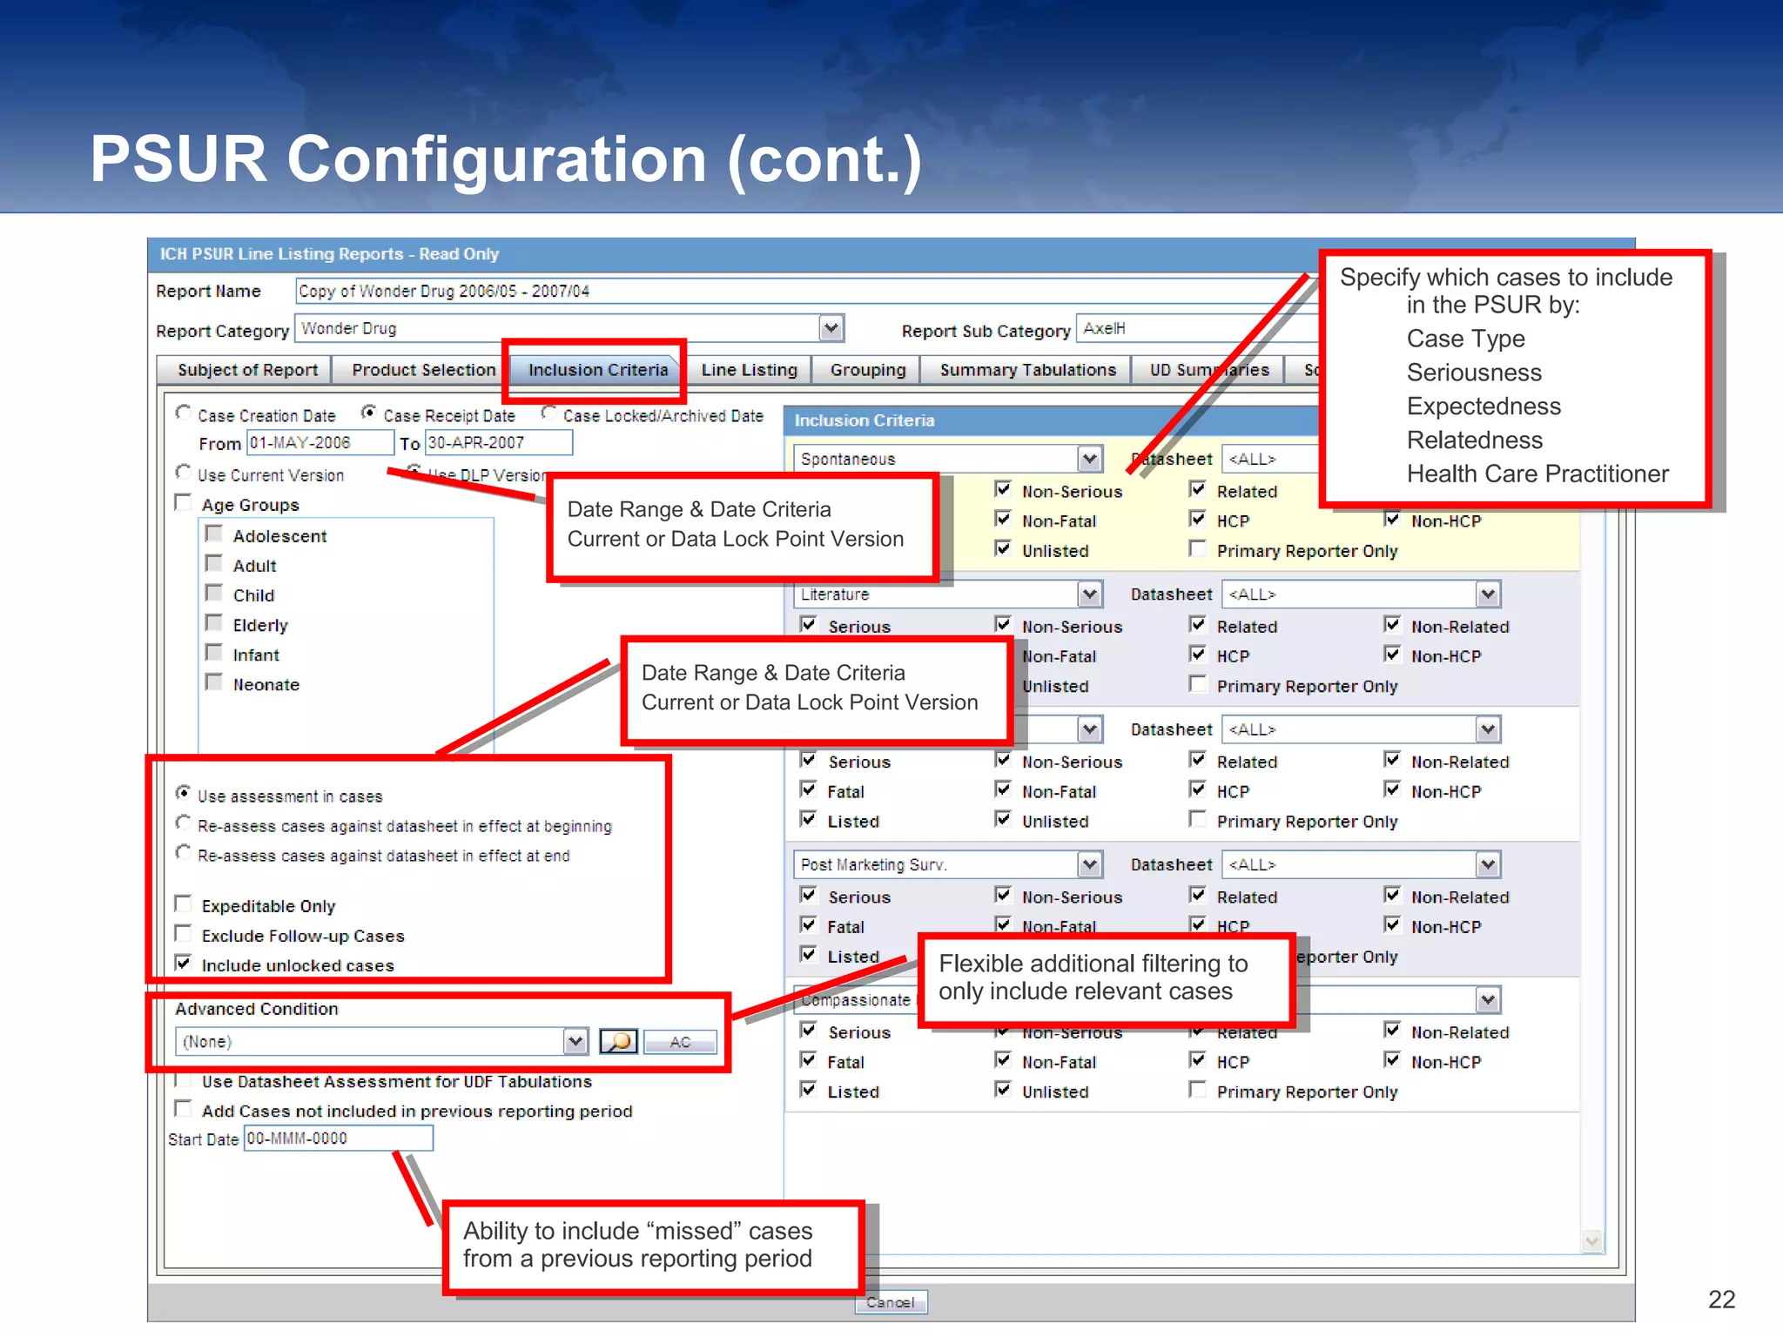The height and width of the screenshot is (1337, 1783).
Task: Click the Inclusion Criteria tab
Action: click(x=597, y=370)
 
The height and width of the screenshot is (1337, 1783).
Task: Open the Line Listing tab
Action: click(x=749, y=370)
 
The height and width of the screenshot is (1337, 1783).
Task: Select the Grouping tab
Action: click(x=867, y=370)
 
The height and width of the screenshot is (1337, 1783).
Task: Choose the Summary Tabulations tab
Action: click(x=1027, y=370)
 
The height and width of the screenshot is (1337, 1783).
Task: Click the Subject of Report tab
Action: click(x=247, y=370)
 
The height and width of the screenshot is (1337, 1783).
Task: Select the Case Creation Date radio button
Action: click(x=184, y=413)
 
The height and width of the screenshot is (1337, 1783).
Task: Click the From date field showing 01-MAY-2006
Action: click(x=319, y=443)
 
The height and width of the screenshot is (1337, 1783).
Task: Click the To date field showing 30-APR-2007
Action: click(x=498, y=443)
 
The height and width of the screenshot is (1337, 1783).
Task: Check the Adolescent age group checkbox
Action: click(x=214, y=534)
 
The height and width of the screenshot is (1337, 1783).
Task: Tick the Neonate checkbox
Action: click(x=214, y=682)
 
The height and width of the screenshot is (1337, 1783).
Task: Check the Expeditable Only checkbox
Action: click(x=184, y=904)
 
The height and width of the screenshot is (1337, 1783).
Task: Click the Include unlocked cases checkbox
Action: click(x=184, y=963)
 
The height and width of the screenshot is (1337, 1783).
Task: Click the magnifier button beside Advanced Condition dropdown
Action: click(x=618, y=1041)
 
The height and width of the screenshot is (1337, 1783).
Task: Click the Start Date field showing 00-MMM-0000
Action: click(x=338, y=1139)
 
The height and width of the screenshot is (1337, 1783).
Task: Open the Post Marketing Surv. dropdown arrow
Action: click(x=1089, y=864)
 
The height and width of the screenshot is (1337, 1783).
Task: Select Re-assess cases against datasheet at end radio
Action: click(x=184, y=853)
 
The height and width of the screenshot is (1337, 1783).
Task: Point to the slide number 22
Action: click(x=1721, y=1300)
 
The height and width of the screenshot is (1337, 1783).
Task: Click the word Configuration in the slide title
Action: click(x=496, y=159)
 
